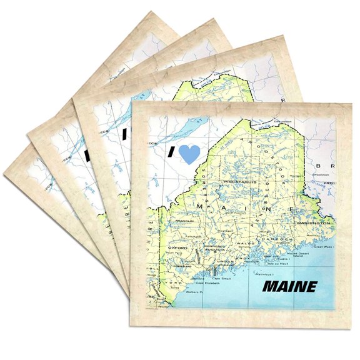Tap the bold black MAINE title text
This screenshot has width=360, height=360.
coord(289,287)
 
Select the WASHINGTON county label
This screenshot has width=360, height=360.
coord(312,222)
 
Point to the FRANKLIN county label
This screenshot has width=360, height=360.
coord(186,220)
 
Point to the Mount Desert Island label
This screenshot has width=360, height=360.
coord(304,251)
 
